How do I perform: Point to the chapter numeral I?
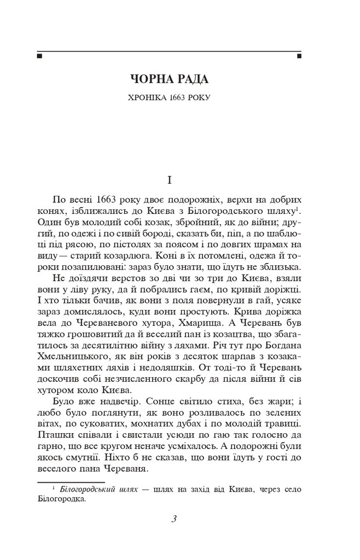(169, 179)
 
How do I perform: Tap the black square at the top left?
(39, 55)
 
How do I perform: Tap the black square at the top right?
(299, 55)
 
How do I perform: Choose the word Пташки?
(56, 436)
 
